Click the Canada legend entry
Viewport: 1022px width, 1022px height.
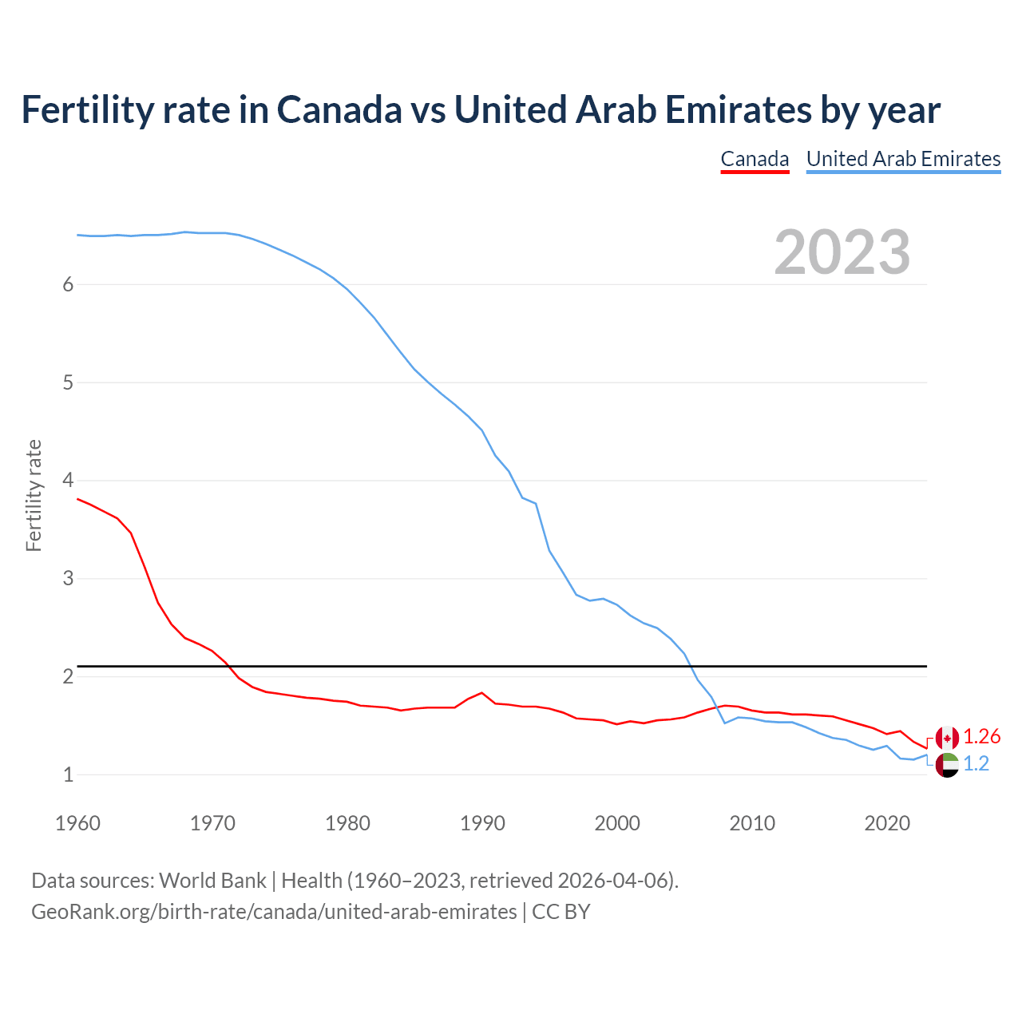pos(755,159)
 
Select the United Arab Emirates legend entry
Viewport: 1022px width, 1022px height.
pos(903,159)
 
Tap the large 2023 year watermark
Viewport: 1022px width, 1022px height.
pos(842,252)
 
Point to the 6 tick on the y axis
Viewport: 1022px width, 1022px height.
pos(68,285)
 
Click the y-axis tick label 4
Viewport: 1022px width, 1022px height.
pos(68,481)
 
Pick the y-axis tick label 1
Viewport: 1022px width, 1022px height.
pos(68,774)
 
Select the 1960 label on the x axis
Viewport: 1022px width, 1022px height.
pos(77,823)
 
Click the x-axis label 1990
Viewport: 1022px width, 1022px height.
pos(482,823)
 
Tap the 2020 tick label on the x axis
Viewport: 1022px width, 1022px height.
pos(887,823)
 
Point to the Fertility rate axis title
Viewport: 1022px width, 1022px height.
pos(34,495)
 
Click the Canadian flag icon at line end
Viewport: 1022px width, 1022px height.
pos(947,738)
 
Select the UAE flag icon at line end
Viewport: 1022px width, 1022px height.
pos(947,765)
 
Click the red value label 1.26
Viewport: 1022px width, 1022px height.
pos(981,736)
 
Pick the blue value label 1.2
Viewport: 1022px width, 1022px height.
pos(976,764)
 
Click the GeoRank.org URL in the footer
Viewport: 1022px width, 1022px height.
pos(274,912)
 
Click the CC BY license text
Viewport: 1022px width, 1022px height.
pos(561,912)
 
